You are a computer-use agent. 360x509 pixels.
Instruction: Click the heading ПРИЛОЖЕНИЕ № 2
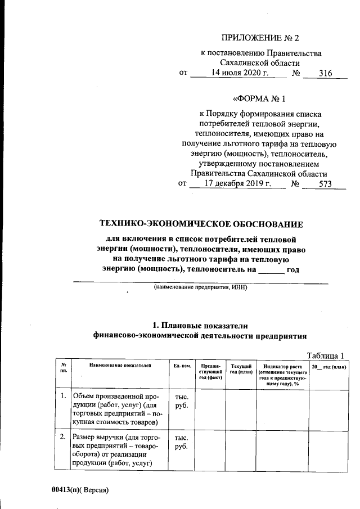[x=261, y=38]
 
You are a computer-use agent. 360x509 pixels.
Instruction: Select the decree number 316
[x=325, y=73]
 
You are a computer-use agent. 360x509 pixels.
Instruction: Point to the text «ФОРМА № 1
[x=260, y=100]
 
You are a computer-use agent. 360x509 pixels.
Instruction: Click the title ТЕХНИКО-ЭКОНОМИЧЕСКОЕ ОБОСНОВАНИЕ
[x=201, y=224]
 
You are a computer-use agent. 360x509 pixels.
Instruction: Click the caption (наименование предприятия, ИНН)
[x=201, y=287]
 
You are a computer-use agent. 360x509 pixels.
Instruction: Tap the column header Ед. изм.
[x=182, y=366]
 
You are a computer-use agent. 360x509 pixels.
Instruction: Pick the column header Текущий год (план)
[x=240, y=369]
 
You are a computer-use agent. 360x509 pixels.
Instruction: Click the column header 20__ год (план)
[x=329, y=366]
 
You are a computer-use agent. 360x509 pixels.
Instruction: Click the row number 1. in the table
[x=64, y=398]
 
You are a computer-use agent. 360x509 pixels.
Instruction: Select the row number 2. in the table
[x=64, y=437]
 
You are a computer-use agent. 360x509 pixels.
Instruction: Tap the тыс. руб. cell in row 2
[x=182, y=442]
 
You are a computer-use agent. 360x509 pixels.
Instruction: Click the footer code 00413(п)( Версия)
[x=79, y=489]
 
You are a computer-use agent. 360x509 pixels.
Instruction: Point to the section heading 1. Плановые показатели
[x=201, y=325]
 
